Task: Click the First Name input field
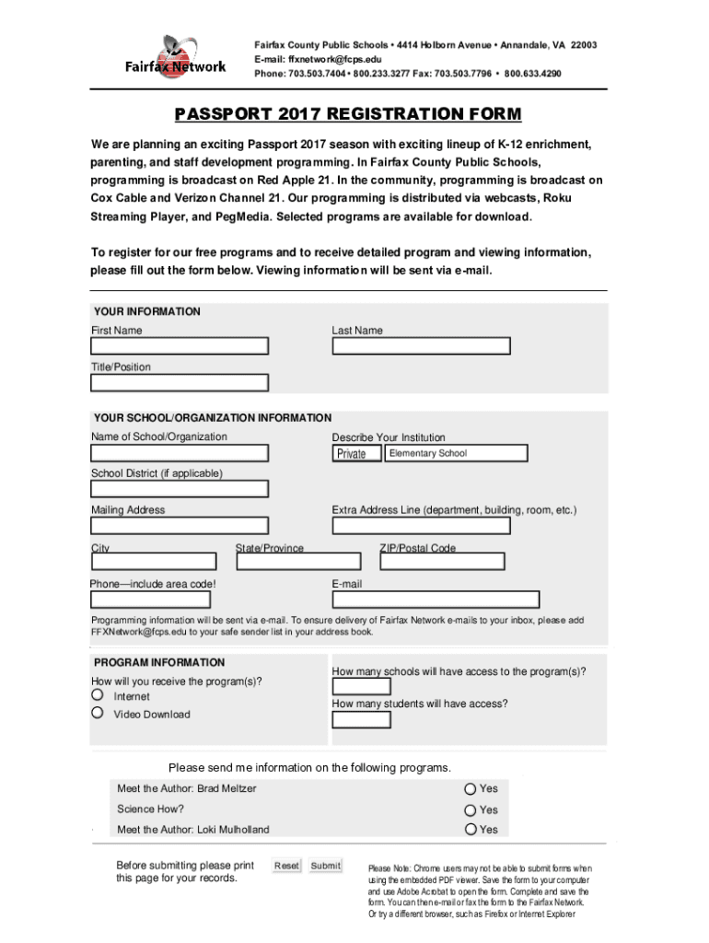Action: point(180,346)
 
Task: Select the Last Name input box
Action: point(421,346)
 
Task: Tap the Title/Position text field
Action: point(180,382)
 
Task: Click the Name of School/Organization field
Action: point(180,453)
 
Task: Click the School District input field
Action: point(180,489)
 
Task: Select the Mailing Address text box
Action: point(180,526)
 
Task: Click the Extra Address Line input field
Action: point(421,526)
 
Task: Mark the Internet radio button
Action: point(97,696)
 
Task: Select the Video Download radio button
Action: point(97,713)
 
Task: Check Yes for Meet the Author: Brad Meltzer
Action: point(471,788)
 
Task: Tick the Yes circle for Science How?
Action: point(471,810)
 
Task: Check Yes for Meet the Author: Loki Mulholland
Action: point(471,830)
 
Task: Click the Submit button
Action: point(325,866)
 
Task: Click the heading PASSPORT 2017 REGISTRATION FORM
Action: point(348,114)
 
